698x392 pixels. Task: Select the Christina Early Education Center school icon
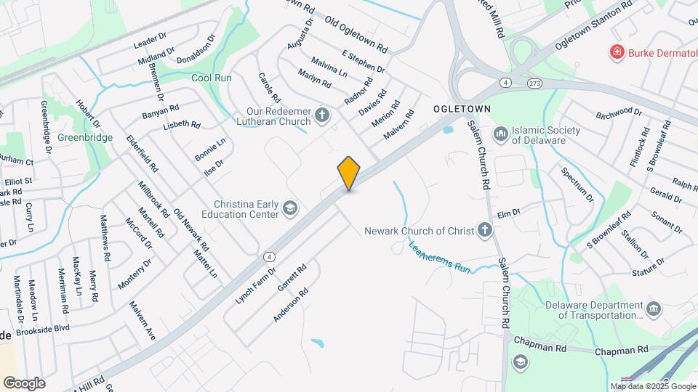(290, 209)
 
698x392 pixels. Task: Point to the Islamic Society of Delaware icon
(500, 134)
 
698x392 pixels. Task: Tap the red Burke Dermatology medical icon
(617, 52)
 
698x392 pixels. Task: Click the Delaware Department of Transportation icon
(654, 310)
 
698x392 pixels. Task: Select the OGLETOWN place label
(462, 108)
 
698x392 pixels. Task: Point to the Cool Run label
(211, 78)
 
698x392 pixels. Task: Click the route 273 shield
(534, 83)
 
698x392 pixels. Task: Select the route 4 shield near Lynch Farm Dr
(270, 256)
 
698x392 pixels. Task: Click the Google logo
(24, 383)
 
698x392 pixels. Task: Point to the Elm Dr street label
(510, 213)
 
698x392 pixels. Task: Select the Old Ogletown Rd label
(356, 34)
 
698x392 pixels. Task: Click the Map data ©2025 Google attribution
(652, 386)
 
